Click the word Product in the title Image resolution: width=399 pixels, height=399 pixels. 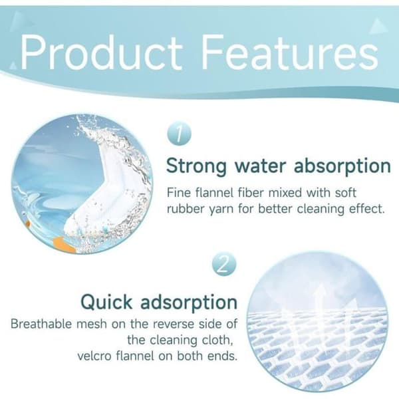pyautogui.click(x=102, y=53)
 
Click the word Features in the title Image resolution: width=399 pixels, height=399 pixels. pyautogui.click(x=290, y=53)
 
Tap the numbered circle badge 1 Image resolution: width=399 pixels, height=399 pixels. pyautogui.click(x=179, y=134)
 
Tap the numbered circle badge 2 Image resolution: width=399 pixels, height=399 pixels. pyautogui.click(x=224, y=265)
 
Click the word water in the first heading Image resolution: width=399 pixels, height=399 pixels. pyautogui.click(x=260, y=166)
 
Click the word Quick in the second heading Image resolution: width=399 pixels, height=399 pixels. pyautogui.click(x=106, y=303)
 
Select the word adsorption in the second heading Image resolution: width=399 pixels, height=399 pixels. pyautogui.click(x=189, y=303)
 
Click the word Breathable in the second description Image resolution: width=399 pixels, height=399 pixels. pyautogui.click(x=41, y=324)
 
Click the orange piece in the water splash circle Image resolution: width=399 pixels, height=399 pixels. pyautogui.click(x=64, y=244)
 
